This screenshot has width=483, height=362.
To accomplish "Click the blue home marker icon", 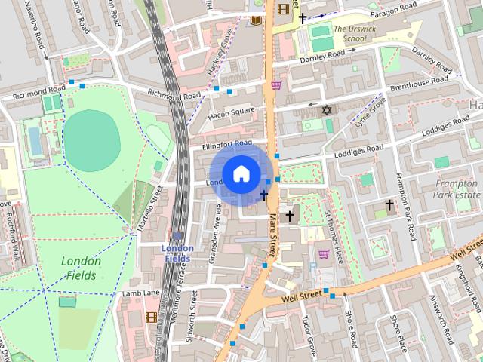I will [x=241, y=174].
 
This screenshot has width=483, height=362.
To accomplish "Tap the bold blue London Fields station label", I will [x=178, y=253].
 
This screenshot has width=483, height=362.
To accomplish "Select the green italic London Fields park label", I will [x=81, y=268].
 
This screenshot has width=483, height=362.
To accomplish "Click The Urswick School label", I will [x=364, y=32].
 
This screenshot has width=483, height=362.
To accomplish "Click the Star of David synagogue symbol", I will [x=327, y=111].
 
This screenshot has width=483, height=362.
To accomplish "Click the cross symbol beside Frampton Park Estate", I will [x=390, y=204].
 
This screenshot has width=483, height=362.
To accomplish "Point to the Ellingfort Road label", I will [x=226, y=144].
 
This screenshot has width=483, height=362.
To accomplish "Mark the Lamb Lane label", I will [x=141, y=293].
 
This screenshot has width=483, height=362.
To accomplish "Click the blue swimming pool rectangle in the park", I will [x=33, y=139].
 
